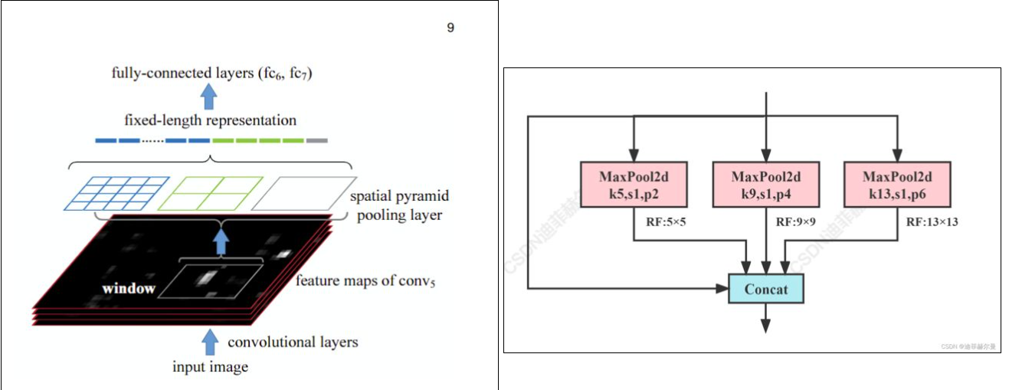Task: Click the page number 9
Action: coord(450,28)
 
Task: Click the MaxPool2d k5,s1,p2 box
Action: coord(633,184)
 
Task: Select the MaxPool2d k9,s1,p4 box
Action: coord(765,184)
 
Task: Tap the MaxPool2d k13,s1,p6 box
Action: coord(896,184)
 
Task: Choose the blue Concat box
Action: coord(765,289)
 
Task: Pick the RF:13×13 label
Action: coord(932,222)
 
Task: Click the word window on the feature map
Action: coord(129,289)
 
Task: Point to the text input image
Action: coord(210,367)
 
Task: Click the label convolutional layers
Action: coord(293,341)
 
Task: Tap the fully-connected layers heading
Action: coord(211,74)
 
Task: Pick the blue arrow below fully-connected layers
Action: coord(208,97)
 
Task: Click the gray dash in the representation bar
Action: coord(316,141)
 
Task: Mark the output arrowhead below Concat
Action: coord(765,325)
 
